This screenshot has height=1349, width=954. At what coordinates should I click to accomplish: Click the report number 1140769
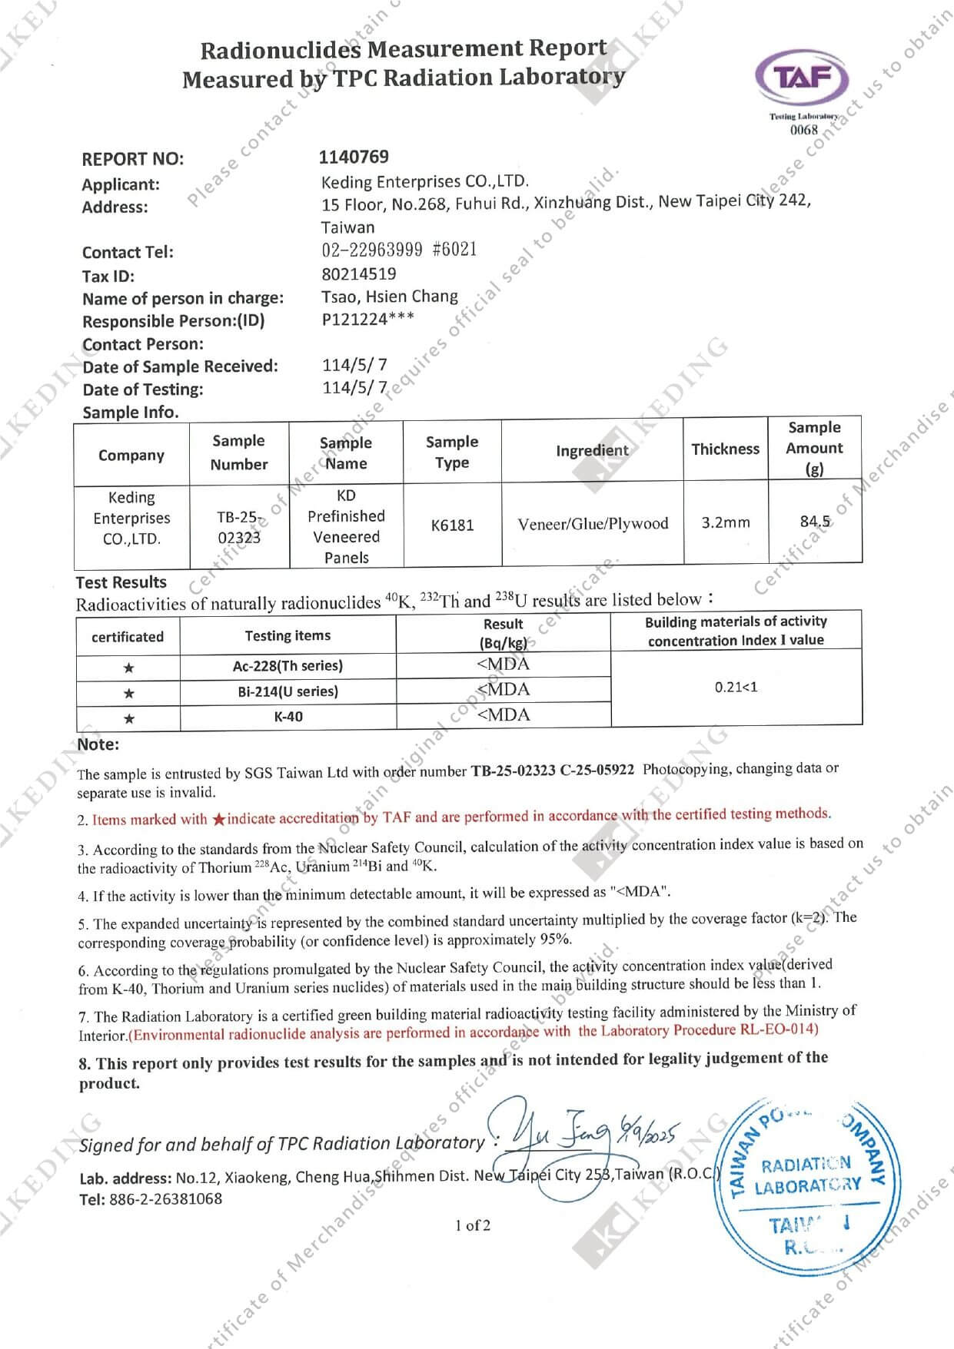(354, 157)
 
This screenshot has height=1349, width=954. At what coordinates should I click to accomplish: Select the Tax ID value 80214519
(359, 273)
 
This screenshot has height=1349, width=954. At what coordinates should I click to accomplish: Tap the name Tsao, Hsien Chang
(389, 297)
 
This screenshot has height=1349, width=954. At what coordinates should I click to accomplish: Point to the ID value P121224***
(367, 320)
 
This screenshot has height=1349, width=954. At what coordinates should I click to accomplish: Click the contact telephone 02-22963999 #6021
(399, 250)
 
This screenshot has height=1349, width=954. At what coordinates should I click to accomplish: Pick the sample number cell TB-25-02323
(239, 527)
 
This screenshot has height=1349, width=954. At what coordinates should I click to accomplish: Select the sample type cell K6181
(452, 525)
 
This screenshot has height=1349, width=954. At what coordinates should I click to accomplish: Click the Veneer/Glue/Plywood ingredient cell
(593, 524)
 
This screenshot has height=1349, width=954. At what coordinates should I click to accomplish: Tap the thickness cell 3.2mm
(725, 523)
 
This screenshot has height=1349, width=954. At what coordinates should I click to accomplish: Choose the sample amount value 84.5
(815, 522)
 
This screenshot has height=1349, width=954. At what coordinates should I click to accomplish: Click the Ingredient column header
(592, 450)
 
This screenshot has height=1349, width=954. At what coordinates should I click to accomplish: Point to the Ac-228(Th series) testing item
(288, 666)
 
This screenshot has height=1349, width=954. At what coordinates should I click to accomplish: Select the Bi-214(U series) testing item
(288, 691)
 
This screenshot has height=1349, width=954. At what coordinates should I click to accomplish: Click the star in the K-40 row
(129, 719)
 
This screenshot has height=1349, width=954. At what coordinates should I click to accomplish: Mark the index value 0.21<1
(736, 687)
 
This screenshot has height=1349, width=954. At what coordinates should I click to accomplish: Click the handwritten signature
(569, 1133)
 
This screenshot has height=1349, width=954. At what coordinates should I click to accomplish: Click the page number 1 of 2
(472, 1225)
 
